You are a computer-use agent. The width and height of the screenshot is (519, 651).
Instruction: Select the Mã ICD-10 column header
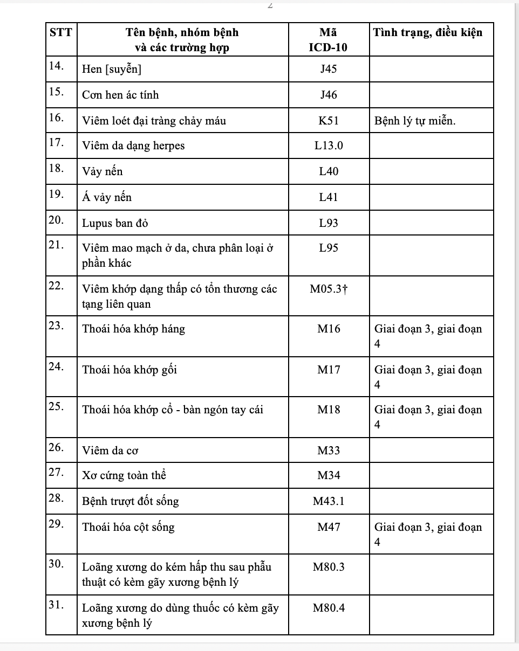(328, 39)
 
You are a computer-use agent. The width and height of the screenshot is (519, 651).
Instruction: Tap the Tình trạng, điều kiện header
(428, 32)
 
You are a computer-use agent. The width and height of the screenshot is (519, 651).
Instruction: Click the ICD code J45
(328, 69)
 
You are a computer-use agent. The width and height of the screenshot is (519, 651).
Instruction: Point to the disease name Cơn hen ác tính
(120, 95)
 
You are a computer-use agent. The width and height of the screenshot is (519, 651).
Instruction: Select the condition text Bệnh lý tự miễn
(415, 121)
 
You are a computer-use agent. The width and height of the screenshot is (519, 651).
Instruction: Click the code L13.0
(329, 146)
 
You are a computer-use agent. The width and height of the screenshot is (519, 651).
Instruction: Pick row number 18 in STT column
(56, 168)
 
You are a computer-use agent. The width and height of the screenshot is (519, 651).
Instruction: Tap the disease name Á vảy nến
(107, 197)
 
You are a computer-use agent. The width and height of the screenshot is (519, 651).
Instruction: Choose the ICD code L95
(329, 248)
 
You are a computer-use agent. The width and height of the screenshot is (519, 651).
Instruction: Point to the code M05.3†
(329, 289)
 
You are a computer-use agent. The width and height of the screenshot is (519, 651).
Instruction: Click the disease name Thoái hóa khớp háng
(133, 329)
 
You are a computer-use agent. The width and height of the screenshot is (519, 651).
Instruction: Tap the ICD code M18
(329, 410)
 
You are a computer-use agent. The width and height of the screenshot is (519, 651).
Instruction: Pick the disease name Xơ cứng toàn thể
(124, 476)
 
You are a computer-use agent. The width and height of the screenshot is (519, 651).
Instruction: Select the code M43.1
(329, 501)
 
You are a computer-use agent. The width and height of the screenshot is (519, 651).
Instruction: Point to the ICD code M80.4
(329, 608)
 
